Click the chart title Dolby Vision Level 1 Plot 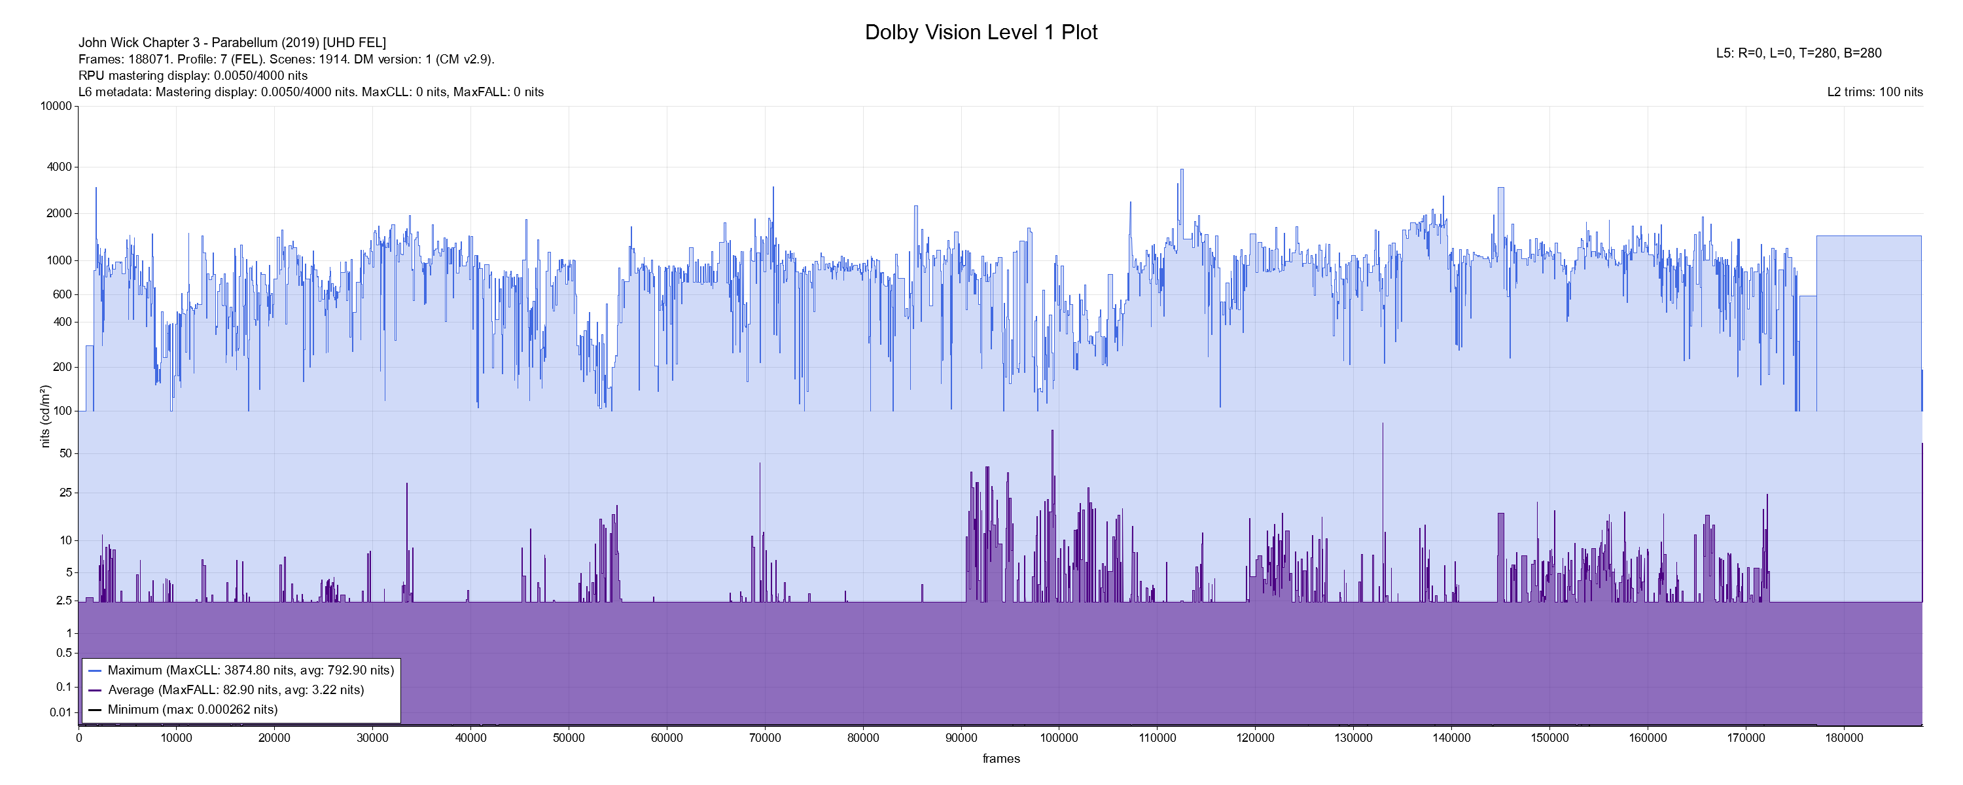pyautogui.click(x=981, y=33)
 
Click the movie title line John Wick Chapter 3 pyautogui.click(x=232, y=43)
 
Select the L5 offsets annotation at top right pyautogui.click(x=1798, y=54)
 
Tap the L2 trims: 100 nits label pyautogui.click(x=1875, y=92)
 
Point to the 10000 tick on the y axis pyautogui.click(x=56, y=106)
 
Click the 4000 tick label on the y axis pyautogui.click(x=60, y=167)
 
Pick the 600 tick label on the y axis pyautogui.click(x=62, y=294)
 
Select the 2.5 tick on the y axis pyautogui.click(x=64, y=601)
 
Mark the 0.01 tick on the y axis pyautogui.click(x=60, y=712)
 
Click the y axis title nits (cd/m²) pyautogui.click(x=45, y=416)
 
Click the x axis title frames pyautogui.click(x=1000, y=758)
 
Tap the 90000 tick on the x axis pyautogui.click(x=961, y=738)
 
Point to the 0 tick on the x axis pyautogui.click(x=79, y=738)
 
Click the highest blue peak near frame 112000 pyautogui.click(x=1182, y=170)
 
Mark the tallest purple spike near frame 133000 pyautogui.click(x=1383, y=425)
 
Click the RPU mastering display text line pyautogui.click(x=193, y=75)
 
